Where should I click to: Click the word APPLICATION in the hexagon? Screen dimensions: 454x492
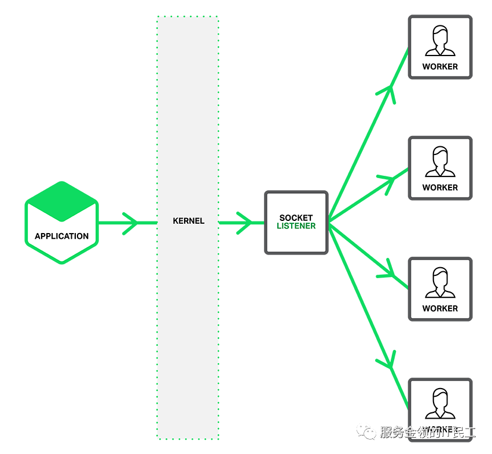[x=61, y=236]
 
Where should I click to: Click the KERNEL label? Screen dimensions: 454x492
[x=188, y=221]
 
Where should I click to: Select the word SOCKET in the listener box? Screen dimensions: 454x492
[x=296, y=218]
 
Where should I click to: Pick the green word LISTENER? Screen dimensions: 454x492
[x=296, y=226]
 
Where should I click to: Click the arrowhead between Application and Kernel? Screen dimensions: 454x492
[x=131, y=223]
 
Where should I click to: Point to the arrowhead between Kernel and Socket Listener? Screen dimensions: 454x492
[x=247, y=223]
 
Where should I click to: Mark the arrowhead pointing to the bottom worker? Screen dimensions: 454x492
[x=388, y=359]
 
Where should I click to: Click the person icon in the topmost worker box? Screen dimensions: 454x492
[x=440, y=42]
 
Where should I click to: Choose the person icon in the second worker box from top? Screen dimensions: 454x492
[x=440, y=162]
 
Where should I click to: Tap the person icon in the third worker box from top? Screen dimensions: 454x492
[x=440, y=283]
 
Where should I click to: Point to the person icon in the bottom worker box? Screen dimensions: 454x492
[x=440, y=404]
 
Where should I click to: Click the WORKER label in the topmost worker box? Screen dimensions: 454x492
[x=440, y=67]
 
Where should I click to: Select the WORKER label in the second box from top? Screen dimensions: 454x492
[x=440, y=187]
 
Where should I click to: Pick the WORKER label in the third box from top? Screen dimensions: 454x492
[x=440, y=308]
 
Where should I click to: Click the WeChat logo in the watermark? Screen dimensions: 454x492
[x=366, y=431]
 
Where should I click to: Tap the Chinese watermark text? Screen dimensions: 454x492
[x=427, y=432]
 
